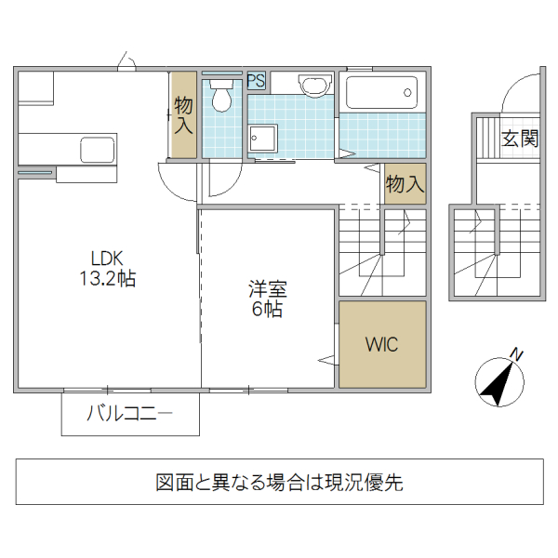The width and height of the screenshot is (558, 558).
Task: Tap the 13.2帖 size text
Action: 107,278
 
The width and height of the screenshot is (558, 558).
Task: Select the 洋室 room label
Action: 267,289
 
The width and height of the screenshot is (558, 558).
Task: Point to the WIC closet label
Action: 381,344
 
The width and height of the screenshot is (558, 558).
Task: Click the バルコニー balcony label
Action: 130,414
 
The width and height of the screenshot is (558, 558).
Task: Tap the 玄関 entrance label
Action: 520,139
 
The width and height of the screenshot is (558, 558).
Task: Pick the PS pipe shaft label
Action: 257,81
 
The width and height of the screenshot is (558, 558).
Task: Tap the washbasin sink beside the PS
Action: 316,85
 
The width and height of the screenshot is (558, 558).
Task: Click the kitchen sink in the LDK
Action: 97,148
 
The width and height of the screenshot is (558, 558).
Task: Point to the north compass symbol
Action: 498,381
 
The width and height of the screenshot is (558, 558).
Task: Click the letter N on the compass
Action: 517,355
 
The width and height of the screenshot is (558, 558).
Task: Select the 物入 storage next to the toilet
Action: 183,114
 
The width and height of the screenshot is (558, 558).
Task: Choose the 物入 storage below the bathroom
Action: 405,183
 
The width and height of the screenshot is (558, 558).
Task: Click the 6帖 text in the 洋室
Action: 267,310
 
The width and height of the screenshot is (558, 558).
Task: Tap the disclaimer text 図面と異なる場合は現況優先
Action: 279,483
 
